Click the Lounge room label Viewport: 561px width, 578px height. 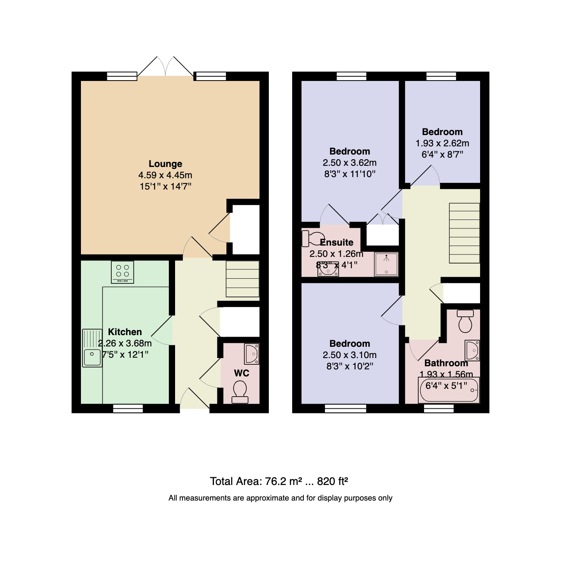click(165, 163)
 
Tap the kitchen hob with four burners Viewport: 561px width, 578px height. click(122, 272)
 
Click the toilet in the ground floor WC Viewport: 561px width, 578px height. click(240, 392)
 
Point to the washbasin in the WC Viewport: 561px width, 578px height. click(252, 354)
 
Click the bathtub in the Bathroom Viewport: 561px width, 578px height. click(449, 390)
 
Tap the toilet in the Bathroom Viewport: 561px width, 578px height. click(465, 321)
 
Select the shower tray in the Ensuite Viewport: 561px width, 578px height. click(386, 264)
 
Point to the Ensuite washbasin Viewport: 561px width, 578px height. click(328, 269)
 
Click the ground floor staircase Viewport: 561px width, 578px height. click(242, 279)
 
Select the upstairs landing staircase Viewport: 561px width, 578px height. click(464, 233)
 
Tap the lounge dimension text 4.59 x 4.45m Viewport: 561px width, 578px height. click(165, 175)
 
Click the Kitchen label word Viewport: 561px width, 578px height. click(124, 332)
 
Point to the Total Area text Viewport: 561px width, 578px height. click(279, 481)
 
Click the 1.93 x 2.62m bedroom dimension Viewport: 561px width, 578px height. click(442, 143)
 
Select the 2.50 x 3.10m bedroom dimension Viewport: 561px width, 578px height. click(350, 355)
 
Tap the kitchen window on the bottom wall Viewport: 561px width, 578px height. click(128, 408)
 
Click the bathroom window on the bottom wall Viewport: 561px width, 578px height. click(439, 408)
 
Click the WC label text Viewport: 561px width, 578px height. click(242, 373)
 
